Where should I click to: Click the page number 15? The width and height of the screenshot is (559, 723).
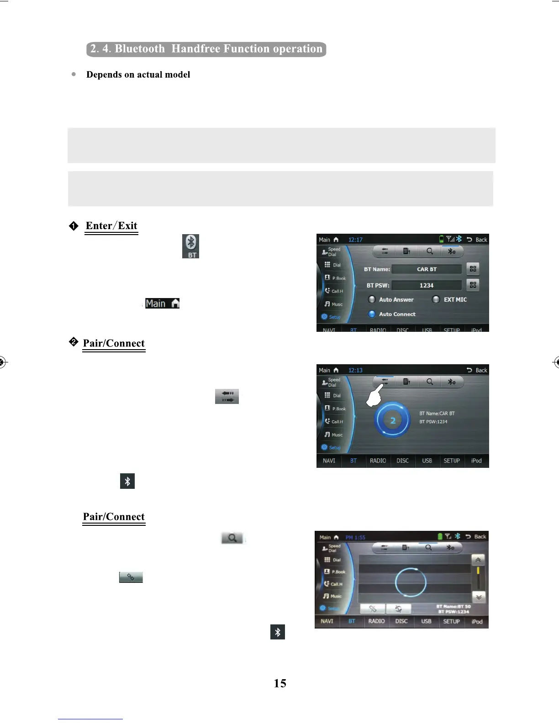280,683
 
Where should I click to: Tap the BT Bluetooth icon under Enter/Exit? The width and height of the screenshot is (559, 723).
190,246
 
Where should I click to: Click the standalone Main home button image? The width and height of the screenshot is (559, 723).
162,304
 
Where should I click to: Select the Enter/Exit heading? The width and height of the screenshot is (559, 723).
111,226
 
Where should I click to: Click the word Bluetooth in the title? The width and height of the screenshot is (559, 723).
140,49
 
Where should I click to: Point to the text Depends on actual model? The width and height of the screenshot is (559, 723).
138,74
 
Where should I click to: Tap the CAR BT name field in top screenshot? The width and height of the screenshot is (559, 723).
427,269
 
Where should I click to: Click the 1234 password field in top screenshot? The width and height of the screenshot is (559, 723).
427,285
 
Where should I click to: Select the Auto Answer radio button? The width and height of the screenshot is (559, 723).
372,299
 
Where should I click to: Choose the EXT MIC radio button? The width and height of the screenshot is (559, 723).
436,299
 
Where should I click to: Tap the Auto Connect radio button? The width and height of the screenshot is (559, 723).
372,314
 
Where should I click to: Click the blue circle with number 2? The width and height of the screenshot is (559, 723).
392,420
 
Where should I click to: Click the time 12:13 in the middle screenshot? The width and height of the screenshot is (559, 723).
355,370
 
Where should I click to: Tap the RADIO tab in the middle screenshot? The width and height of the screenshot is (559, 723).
378,461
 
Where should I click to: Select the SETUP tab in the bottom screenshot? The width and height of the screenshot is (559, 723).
451,621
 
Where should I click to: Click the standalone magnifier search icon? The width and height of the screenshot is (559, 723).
232,538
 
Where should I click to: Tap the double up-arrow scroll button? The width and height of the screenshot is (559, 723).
478,560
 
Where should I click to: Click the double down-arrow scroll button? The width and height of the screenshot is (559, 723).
478,597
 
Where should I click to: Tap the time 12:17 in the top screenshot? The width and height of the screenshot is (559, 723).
355,240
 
